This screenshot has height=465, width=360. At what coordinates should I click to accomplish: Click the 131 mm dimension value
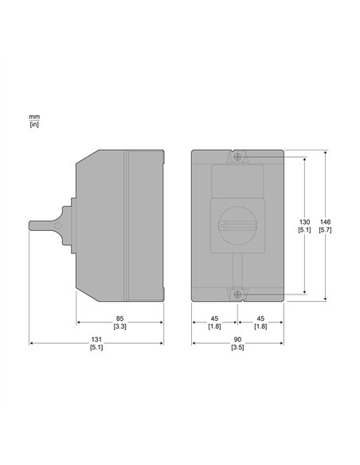96,339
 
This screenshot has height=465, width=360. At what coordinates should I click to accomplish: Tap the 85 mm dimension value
119,318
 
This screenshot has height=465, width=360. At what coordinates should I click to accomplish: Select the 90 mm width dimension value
237,339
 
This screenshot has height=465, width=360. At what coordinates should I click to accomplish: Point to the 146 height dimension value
325,222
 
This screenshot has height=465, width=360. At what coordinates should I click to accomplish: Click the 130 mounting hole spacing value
304,222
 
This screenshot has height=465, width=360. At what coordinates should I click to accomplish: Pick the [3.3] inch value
119,326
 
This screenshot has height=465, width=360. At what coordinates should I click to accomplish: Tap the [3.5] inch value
237,347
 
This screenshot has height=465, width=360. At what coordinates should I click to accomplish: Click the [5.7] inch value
325,229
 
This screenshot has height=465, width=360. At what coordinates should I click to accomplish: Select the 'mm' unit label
34,117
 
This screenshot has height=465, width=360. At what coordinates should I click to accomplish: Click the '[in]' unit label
34,124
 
